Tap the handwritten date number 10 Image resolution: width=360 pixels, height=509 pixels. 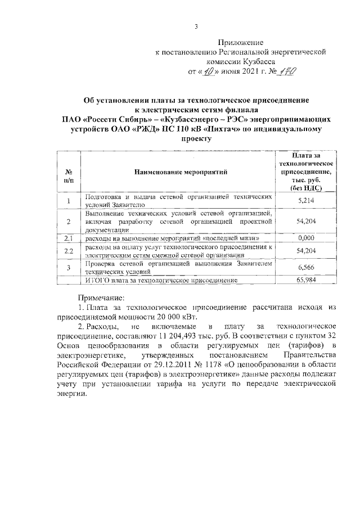coord(209,71)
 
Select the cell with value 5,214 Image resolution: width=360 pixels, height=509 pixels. coord(305,200)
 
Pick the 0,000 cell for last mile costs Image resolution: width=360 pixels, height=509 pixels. coord(305,239)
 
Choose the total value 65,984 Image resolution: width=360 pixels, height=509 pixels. coord(305,280)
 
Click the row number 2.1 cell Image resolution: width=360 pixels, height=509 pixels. coord(69,239)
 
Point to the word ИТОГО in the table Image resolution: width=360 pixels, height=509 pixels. coord(97,280)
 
